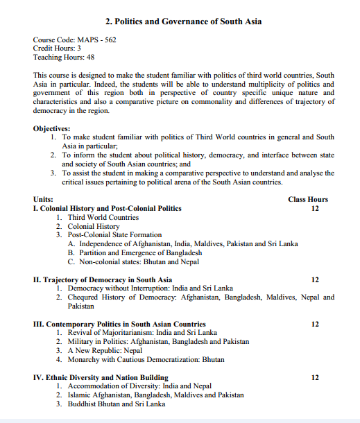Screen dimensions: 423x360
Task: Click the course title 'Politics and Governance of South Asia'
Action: click(x=183, y=21)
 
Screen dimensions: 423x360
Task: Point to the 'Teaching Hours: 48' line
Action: click(x=64, y=58)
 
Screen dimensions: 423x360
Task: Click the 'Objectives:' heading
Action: click(x=51, y=128)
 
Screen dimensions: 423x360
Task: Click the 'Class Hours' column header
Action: click(x=308, y=199)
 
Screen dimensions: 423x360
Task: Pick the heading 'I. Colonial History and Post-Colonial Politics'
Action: click(x=107, y=208)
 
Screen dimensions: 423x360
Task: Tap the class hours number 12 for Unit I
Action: click(x=316, y=208)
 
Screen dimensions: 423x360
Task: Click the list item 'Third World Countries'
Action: click(x=103, y=217)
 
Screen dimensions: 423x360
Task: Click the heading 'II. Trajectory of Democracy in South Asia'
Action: click(x=102, y=279)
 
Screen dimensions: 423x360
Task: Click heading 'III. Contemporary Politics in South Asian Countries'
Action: click(x=119, y=324)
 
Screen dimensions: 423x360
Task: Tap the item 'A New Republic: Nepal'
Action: click(x=105, y=351)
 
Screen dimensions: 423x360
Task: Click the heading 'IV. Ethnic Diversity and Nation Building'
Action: click(x=101, y=377)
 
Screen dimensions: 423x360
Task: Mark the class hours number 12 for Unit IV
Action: click(x=316, y=377)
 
